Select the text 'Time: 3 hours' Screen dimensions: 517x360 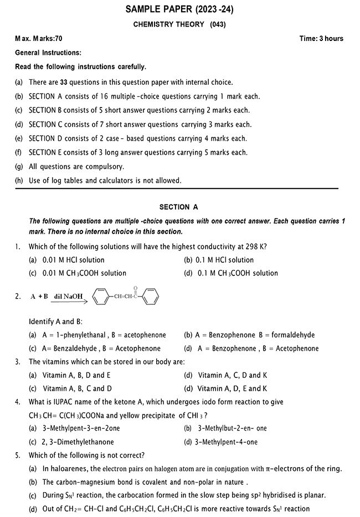pos(321,39)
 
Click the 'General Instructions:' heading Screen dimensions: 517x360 pos(48,53)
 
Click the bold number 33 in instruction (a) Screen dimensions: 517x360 pos(64,82)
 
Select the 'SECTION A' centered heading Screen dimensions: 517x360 pos(178,207)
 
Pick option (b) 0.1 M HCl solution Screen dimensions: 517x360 pos(219,259)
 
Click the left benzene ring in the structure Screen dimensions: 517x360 pos(99,297)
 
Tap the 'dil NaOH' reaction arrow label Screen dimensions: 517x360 pos(69,296)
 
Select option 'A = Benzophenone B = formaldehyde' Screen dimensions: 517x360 pos(249,335)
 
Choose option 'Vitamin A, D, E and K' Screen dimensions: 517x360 pos(232,389)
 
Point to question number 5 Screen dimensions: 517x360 pos(18,455)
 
